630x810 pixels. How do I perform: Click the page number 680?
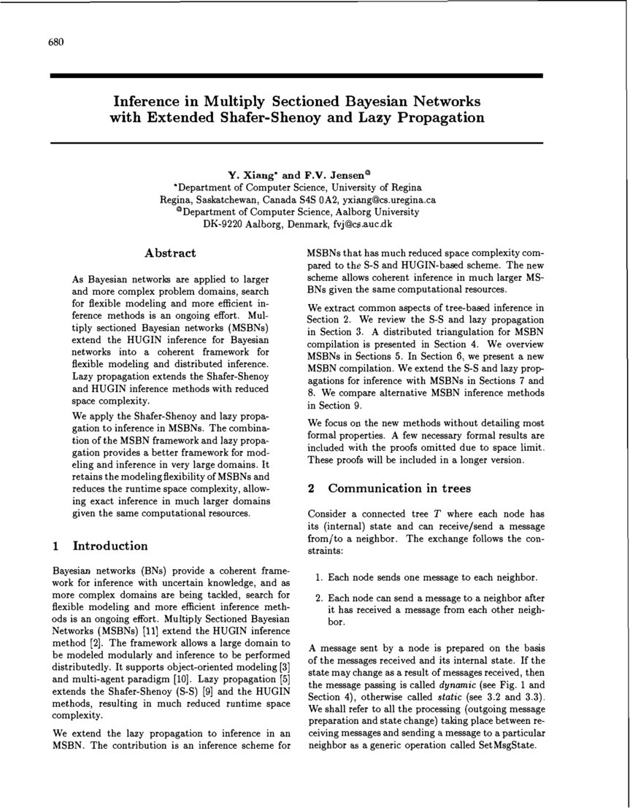coord(56,42)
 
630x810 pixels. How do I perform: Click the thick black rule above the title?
coord(296,75)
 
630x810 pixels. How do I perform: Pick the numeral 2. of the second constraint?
coord(320,598)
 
